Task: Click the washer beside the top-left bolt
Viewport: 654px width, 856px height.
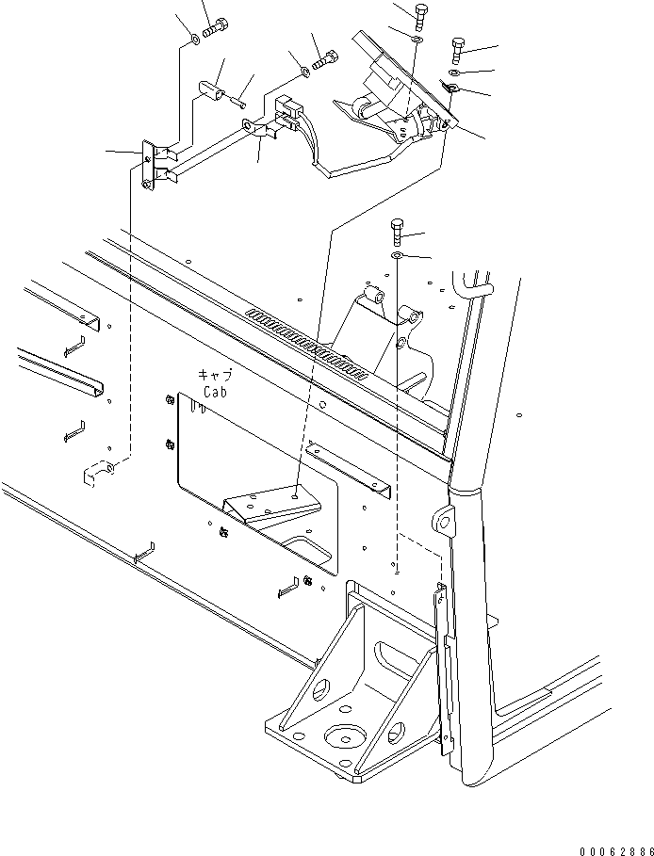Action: click(x=192, y=39)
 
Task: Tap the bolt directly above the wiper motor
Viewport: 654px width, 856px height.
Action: click(x=417, y=15)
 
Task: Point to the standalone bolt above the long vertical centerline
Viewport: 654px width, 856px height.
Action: click(x=396, y=230)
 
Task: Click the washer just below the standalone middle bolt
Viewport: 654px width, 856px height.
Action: click(x=397, y=255)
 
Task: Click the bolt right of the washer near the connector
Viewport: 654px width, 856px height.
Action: click(x=326, y=61)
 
